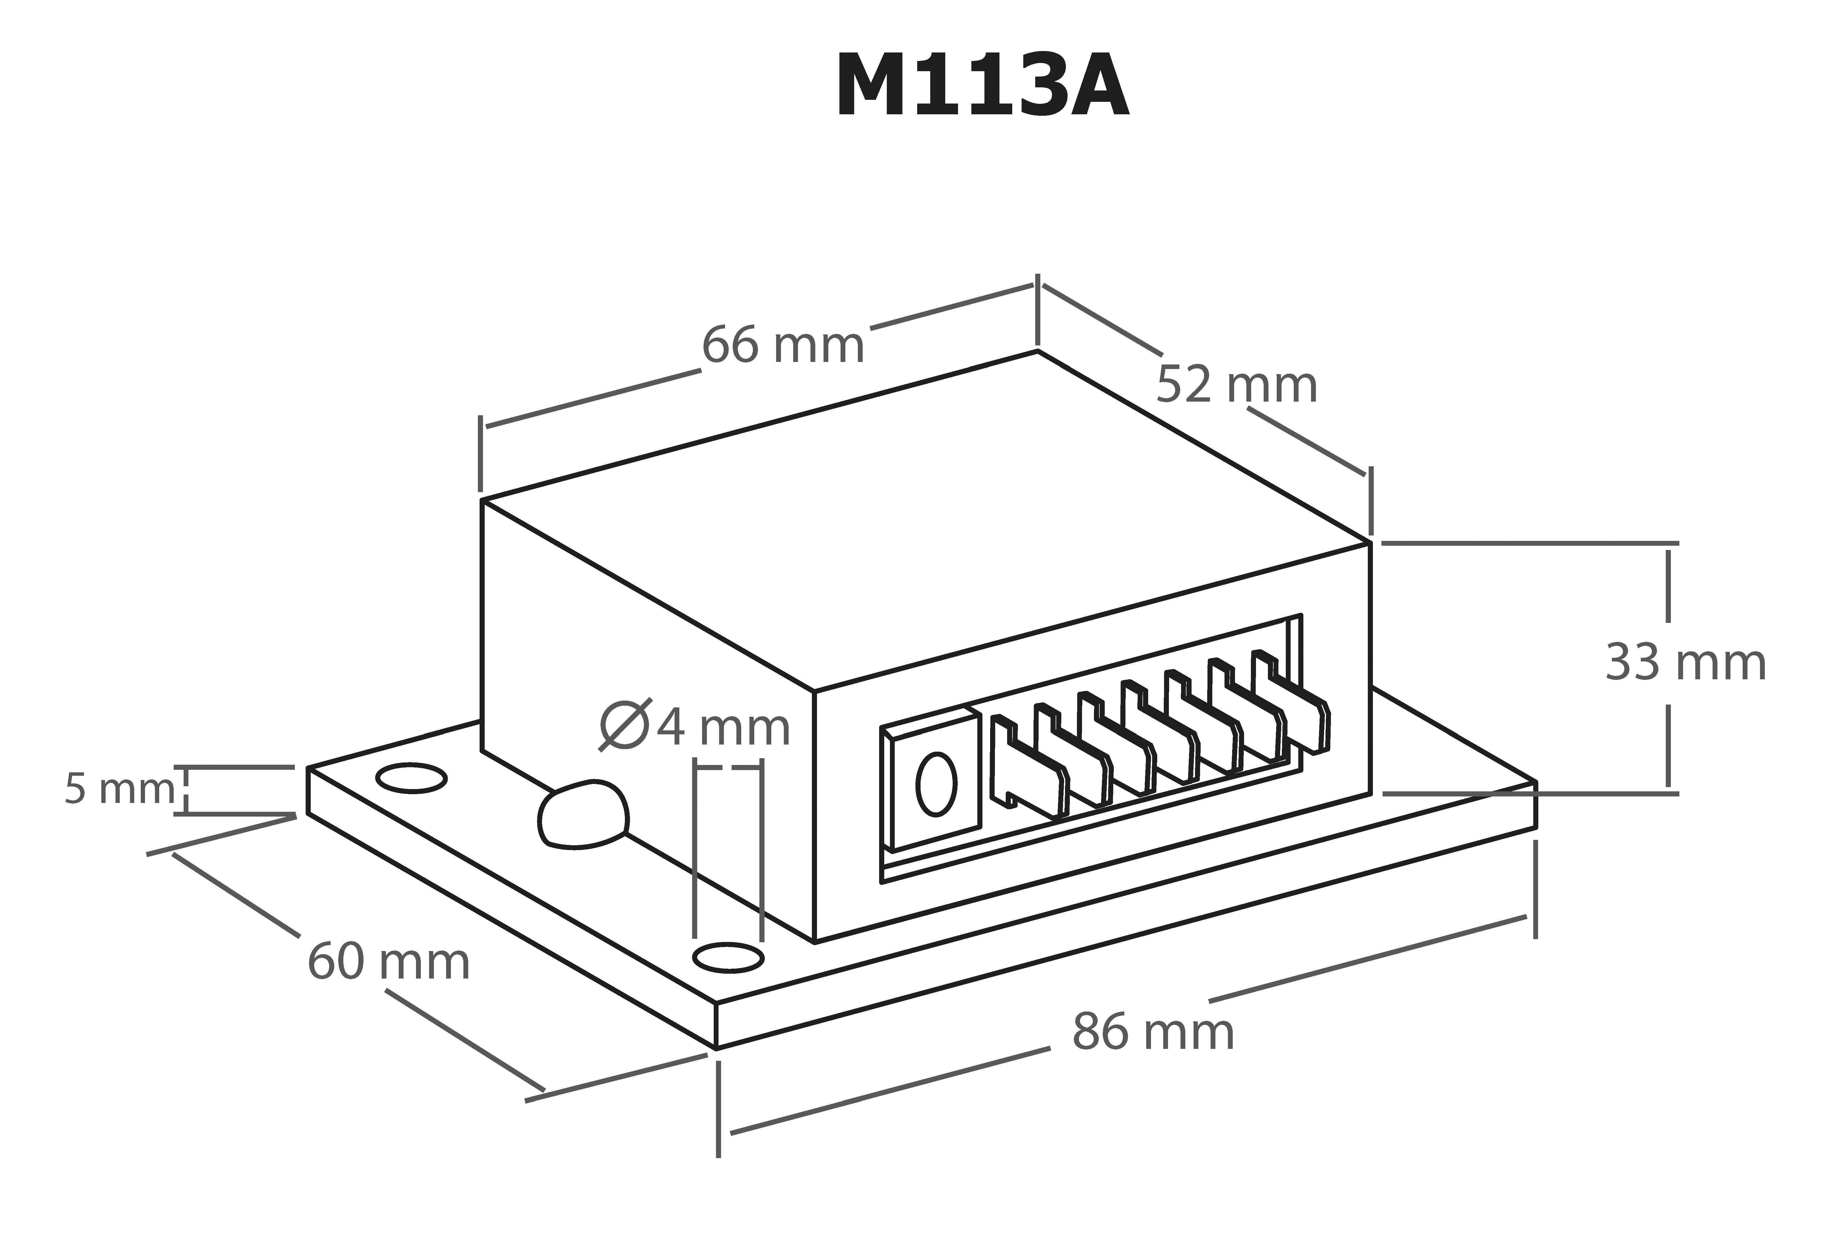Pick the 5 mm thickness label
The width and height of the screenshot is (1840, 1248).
119,789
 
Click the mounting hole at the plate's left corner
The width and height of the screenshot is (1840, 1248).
411,778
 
